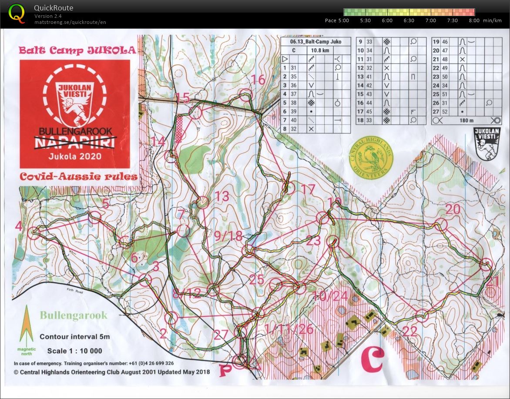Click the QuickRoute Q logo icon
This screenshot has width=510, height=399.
17,13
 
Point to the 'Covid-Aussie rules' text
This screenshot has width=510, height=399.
78,177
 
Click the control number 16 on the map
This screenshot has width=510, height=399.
258,80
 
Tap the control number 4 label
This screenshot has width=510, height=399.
18,226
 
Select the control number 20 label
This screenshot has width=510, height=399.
453,209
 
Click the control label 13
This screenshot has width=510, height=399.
221,196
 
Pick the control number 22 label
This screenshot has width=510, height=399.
410,331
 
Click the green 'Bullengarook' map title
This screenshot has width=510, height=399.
73,315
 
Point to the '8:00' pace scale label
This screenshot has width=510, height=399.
474,20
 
